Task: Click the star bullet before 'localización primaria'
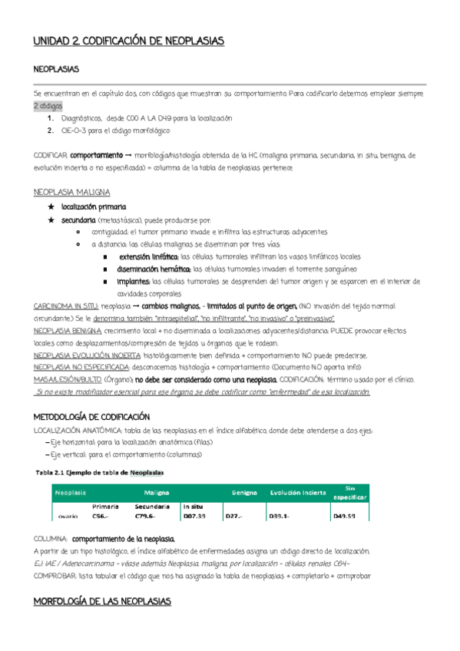point(51,207)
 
